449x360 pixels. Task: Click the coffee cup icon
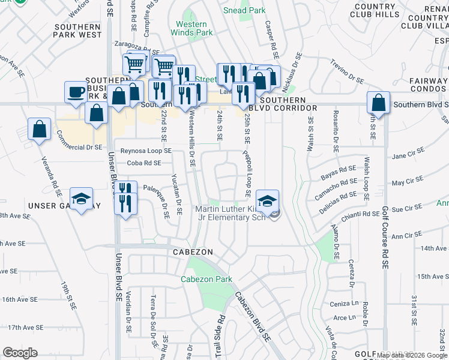point(76,92)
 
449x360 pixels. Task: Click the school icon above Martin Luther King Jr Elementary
point(268,200)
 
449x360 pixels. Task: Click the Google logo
point(20,353)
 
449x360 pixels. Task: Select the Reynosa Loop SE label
point(146,151)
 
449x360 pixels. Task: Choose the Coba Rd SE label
point(143,163)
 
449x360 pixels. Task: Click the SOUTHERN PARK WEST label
point(77,31)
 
